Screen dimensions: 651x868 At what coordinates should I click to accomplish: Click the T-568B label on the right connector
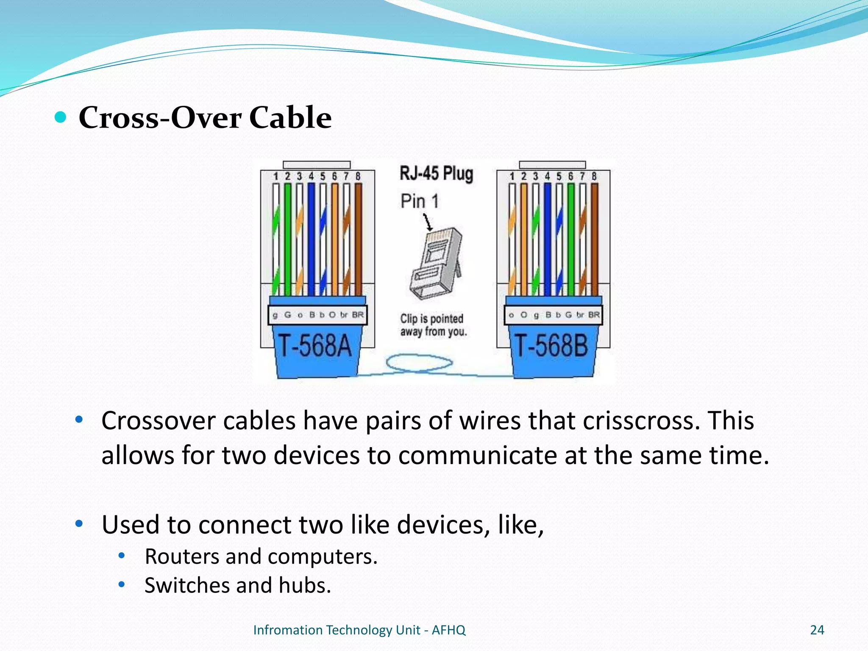click(551, 345)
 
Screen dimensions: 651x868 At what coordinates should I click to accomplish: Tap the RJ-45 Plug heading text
click(436, 174)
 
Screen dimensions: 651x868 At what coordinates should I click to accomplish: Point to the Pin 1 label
click(420, 201)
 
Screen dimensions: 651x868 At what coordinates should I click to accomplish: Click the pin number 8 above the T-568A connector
click(358, 176)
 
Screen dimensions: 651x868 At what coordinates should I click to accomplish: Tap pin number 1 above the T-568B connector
click(512, 176)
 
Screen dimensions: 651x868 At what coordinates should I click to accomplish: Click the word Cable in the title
click(290, 117)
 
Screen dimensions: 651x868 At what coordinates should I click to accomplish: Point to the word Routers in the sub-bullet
click(181, 556)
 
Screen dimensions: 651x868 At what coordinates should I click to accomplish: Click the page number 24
click(817, 630)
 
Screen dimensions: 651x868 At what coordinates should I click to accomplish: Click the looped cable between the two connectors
click(419, 364)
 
